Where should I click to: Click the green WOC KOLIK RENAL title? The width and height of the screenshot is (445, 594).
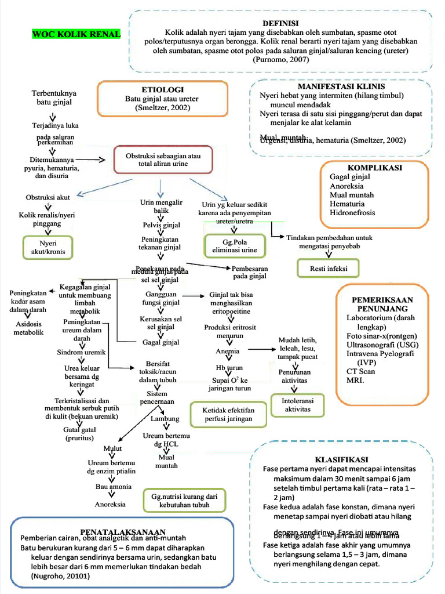(x=76, y=34)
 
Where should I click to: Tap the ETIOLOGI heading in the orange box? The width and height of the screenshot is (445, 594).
(x=163, y=90)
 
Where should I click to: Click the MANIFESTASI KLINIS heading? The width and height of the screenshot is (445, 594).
(x=341, y=85)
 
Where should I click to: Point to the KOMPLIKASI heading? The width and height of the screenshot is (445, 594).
(x=375, y=167)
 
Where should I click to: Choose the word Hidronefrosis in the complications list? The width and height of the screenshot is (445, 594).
(x=352, y=212)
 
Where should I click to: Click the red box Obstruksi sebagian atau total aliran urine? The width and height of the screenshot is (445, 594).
(x=163, y=160)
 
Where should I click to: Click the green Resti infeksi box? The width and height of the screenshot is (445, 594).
(x=328, y=269)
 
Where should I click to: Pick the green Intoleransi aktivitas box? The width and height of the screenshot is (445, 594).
(x=297, y=405)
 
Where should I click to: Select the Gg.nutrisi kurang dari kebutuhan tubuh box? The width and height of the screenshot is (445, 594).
(x=184, y=501)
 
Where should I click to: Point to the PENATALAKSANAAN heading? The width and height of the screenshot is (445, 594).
(x=123, y=531)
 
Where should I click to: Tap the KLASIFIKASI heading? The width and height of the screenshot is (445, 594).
(x=340, y=458)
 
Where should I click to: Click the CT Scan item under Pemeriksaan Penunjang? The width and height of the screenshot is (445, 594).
(x=360, y=371)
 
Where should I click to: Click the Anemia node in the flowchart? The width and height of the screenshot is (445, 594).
(x=227, y=352)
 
